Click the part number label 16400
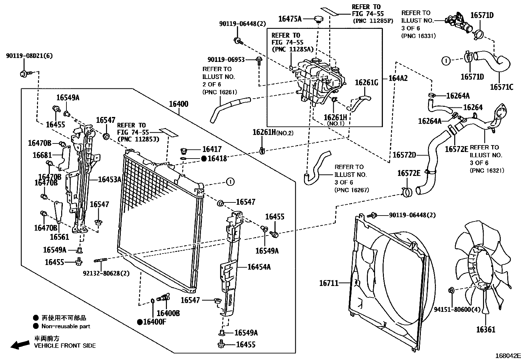[178, 104]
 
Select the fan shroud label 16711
[329, 283]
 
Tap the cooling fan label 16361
[486, 330]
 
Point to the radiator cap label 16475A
[290, 19]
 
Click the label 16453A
[110, 179]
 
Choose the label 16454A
[259, 267]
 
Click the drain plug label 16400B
[168, 313]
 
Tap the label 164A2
[398, 78]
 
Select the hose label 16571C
[501, 87]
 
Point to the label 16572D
[404, 155]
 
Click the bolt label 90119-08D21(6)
[29, 56]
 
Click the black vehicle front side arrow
[19, 344]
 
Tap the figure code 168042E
[508, 355]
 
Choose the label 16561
[59, 237]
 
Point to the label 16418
[217, 159]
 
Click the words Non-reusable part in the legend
[66, 326]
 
